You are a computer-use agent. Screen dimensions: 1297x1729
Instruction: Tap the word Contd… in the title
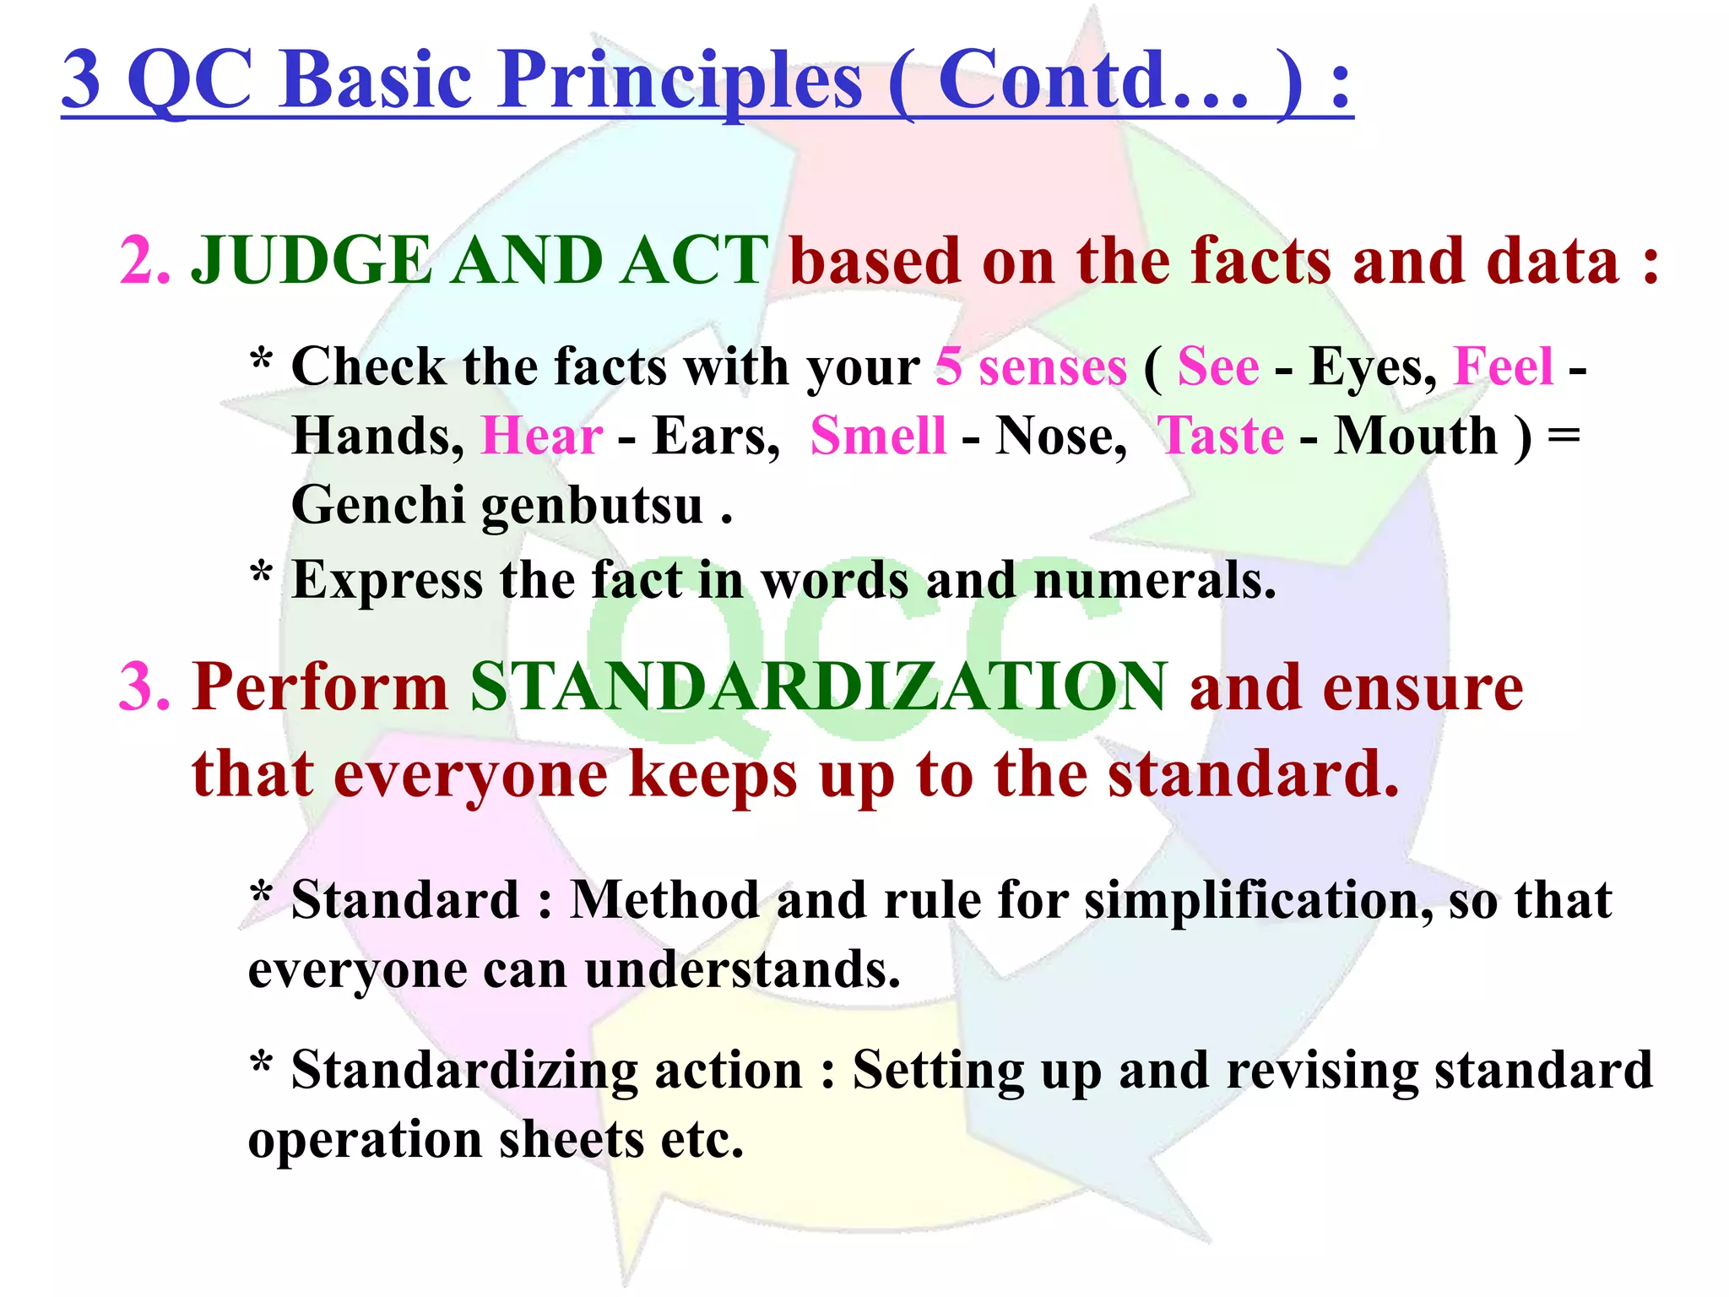[1093, 80]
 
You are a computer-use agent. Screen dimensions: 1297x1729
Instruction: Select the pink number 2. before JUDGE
[145, 261]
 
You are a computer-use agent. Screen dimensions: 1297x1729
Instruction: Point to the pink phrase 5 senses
[1031, 368]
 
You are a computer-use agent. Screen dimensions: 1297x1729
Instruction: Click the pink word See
[1218, 368]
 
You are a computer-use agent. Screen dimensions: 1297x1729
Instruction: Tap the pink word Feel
[1504, 368]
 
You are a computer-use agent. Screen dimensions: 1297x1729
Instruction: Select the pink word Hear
[542, 437]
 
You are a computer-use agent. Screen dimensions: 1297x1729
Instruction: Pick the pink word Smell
[878, 437]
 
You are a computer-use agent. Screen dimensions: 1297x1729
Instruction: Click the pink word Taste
[1221, 437]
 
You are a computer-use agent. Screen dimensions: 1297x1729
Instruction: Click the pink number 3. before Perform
[145, 687]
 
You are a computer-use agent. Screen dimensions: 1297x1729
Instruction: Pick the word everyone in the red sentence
[470, 775]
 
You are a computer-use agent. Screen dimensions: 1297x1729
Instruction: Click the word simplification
[1258, 901]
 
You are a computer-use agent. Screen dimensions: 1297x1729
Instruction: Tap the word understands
[742, 970]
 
